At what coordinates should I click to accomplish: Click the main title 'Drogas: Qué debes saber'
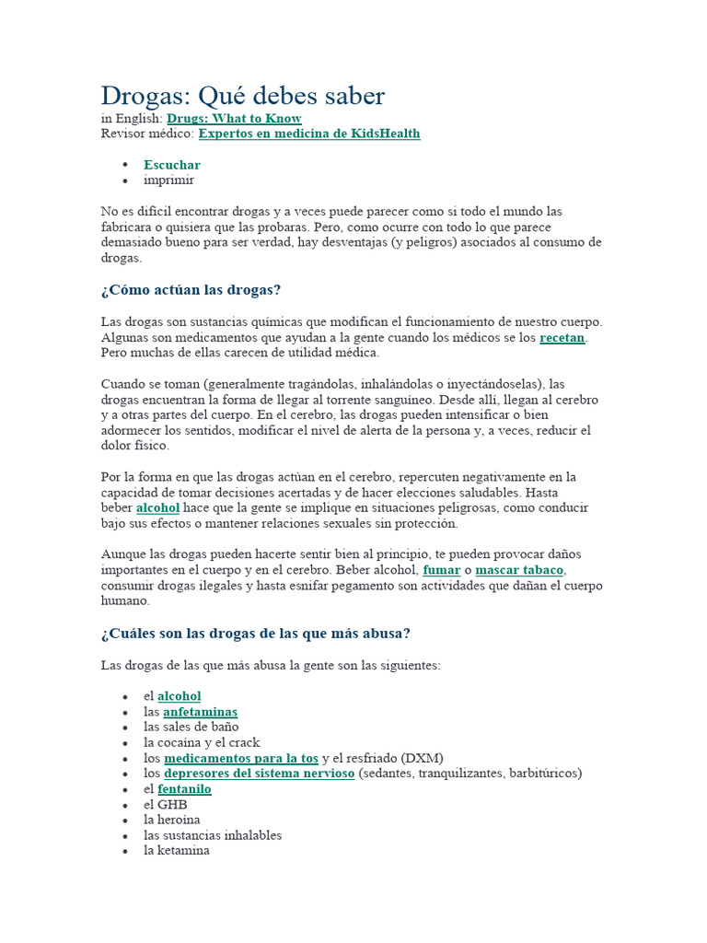click(x=242, y=96)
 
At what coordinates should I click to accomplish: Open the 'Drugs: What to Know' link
click(x=234, y=119)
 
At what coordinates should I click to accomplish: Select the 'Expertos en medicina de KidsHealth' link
click(x=309, y=134)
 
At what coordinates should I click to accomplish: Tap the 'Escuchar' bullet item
click(x=171, y=165)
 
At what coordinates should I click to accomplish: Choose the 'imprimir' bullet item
click(x=168, y=180)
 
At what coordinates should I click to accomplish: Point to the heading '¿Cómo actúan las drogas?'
click(x=191, y=290)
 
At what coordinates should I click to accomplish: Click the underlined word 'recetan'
click(x=562, y=338)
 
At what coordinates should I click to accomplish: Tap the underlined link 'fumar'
click(x=441, y=570)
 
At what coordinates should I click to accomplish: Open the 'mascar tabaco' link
click(x=519, y=570)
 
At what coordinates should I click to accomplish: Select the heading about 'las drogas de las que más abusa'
click(x=255, y=634)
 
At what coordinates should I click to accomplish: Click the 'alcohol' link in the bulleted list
click(x=179, y=696)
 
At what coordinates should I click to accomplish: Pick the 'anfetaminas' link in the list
click(x=200, y=712)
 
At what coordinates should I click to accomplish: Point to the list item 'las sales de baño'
click(x=191, y=727)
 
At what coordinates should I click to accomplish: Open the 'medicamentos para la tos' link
click(x=241, y=758)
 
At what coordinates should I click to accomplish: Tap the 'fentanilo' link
click(x=184, y=789)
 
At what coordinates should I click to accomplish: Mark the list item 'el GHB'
click(x=165, y=804)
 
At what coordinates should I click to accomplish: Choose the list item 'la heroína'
click(x=171, y=820)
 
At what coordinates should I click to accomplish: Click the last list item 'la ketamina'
click(x=176, y=851)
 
